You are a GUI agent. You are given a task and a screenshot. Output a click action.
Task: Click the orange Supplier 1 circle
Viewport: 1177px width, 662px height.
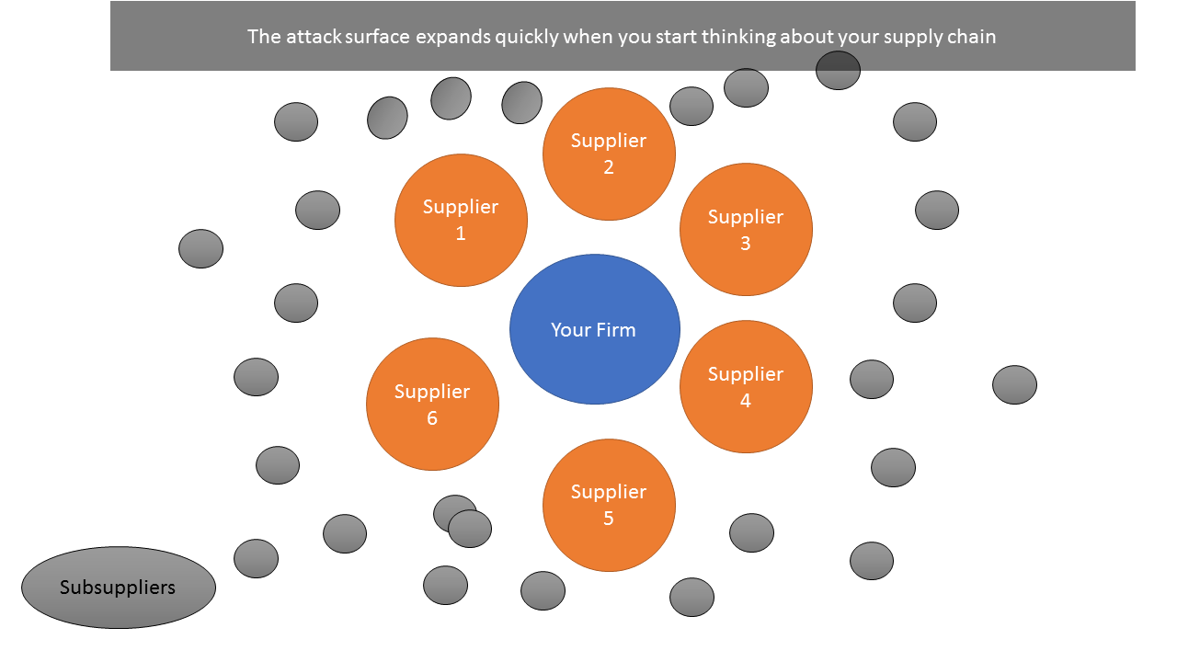click(x=461, y=221)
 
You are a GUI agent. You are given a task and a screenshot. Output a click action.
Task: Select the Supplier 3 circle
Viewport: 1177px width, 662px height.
click(x=746, y=230)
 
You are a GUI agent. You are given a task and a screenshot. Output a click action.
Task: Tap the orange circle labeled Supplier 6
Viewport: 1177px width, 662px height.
click(x=432, y=405)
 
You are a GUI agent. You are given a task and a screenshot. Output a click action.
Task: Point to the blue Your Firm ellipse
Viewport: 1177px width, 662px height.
click(x=594, y=329)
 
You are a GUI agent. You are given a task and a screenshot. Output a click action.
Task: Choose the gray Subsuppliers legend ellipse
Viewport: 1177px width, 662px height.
click(x=119, y=588)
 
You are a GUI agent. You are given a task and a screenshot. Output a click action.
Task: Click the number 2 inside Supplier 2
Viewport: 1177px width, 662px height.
click(x=609, y=167)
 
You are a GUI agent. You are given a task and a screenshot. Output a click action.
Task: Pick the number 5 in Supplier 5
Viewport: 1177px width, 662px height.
click(x=609, y=519)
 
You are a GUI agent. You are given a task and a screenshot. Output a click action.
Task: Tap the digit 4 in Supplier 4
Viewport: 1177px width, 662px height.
click(x=746, y=401)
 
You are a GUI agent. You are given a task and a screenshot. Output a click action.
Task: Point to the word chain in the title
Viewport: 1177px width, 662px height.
click(x=974, y=38)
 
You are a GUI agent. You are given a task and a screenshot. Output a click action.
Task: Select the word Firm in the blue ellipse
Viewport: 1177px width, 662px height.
click(x=616, y=329)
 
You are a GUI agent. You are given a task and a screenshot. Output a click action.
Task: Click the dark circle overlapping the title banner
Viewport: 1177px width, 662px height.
click(x=838, y=70)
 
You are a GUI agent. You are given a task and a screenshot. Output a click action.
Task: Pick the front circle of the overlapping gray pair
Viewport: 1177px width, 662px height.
click(x=470, y=529)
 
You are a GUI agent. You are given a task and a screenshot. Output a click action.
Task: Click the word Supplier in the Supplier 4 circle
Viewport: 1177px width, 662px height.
click(x=746, y=374)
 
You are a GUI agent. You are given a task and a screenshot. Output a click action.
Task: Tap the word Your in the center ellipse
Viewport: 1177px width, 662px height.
click(x=570, y=329)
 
